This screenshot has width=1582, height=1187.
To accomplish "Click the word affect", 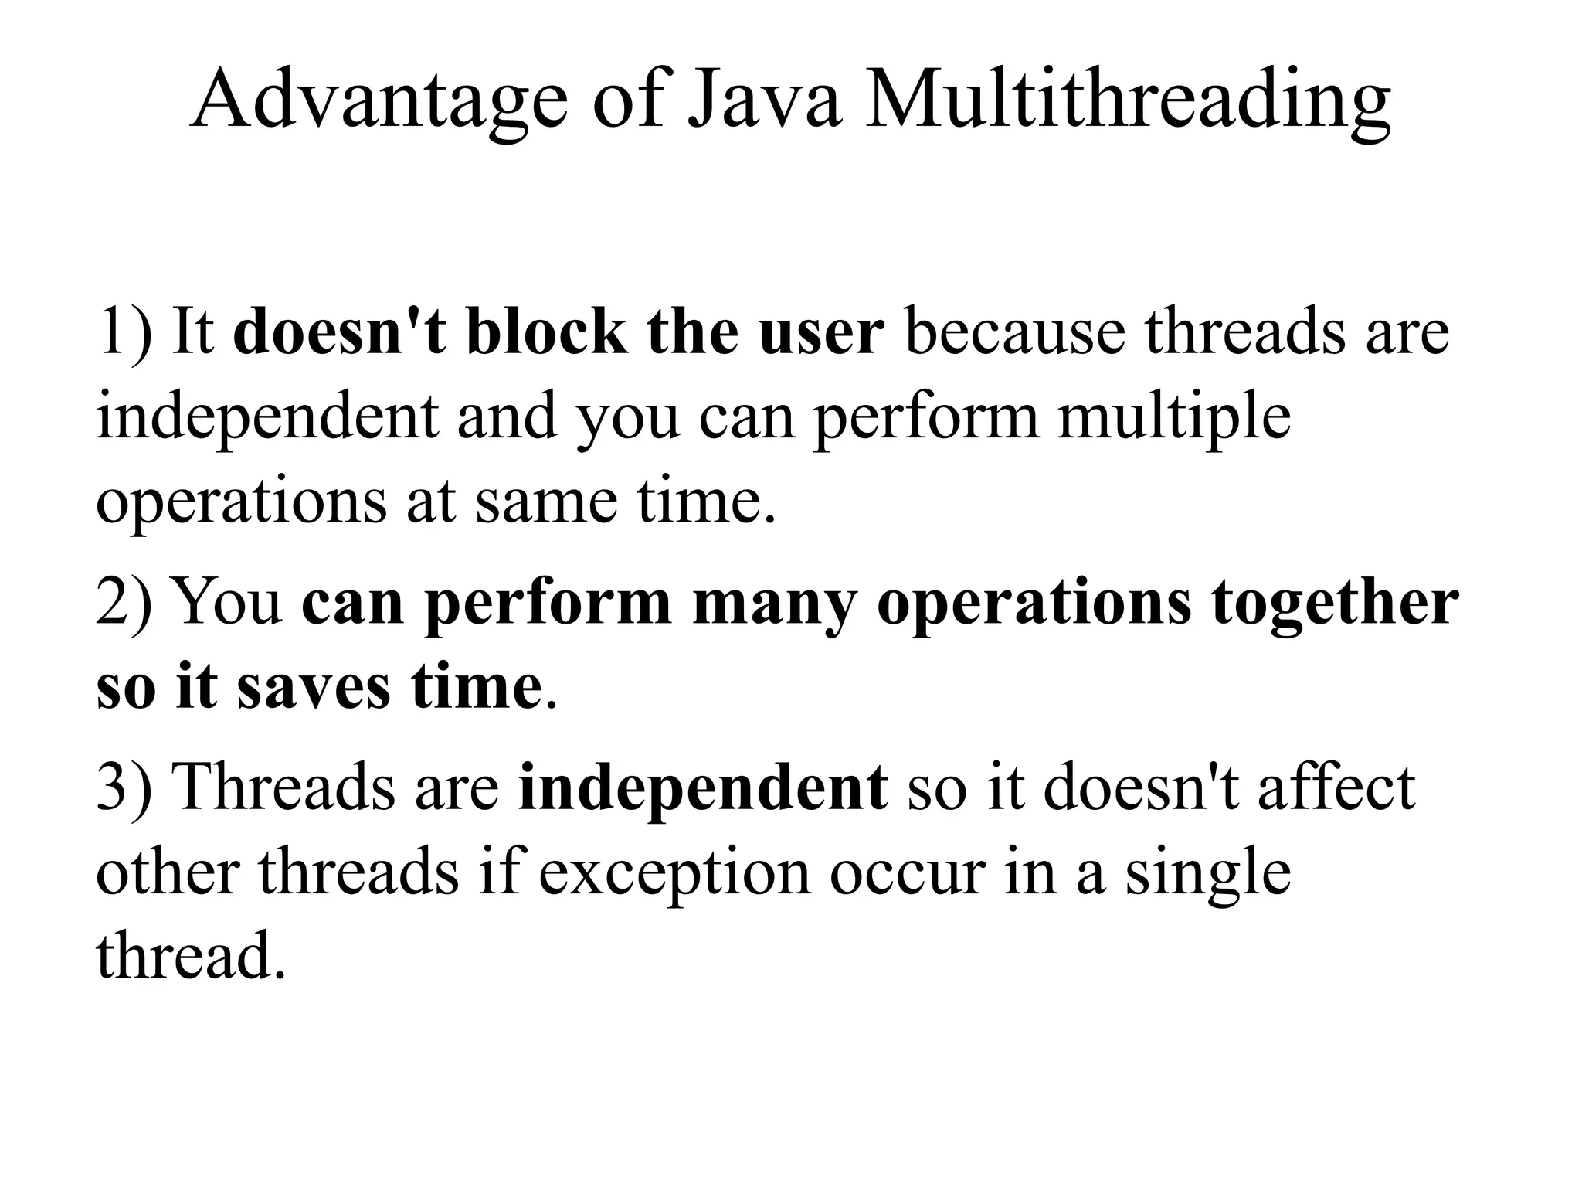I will (x=1336, y=787).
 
